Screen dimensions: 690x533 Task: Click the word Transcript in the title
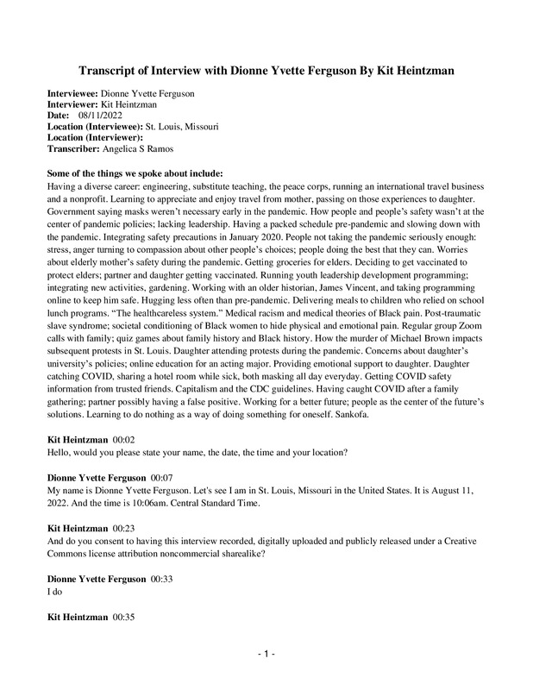tap(110, 69)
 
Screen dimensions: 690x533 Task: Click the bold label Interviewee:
tap(73, 91)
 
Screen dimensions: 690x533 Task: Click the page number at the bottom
tap(266, 655)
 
